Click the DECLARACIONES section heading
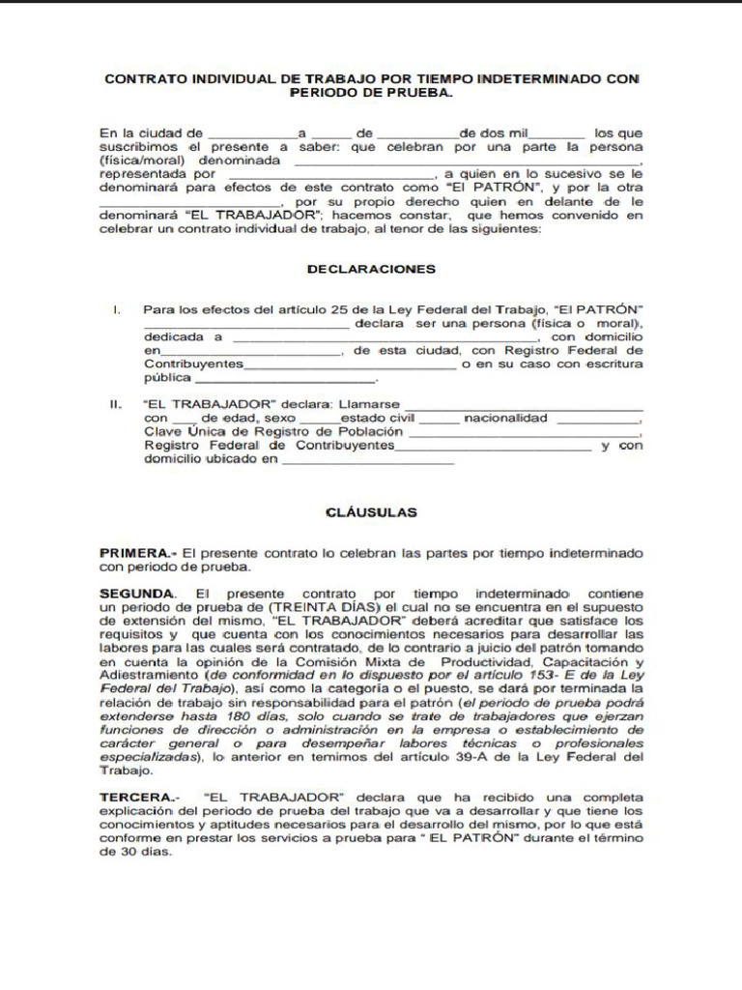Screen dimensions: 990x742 [371, 269]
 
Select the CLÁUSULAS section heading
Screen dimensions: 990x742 [371, 512]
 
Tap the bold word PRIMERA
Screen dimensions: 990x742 [135, 553]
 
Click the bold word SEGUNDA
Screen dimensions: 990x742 [137, 592]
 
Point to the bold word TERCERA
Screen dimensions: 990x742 [136, 797]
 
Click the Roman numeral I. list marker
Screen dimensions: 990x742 [116, 310]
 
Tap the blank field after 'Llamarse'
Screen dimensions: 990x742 [523, 406]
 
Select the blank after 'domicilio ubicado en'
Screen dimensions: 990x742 [367, 461]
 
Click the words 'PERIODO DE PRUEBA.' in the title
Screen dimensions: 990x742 [371, 94]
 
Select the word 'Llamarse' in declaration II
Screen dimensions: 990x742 [368, 404]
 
